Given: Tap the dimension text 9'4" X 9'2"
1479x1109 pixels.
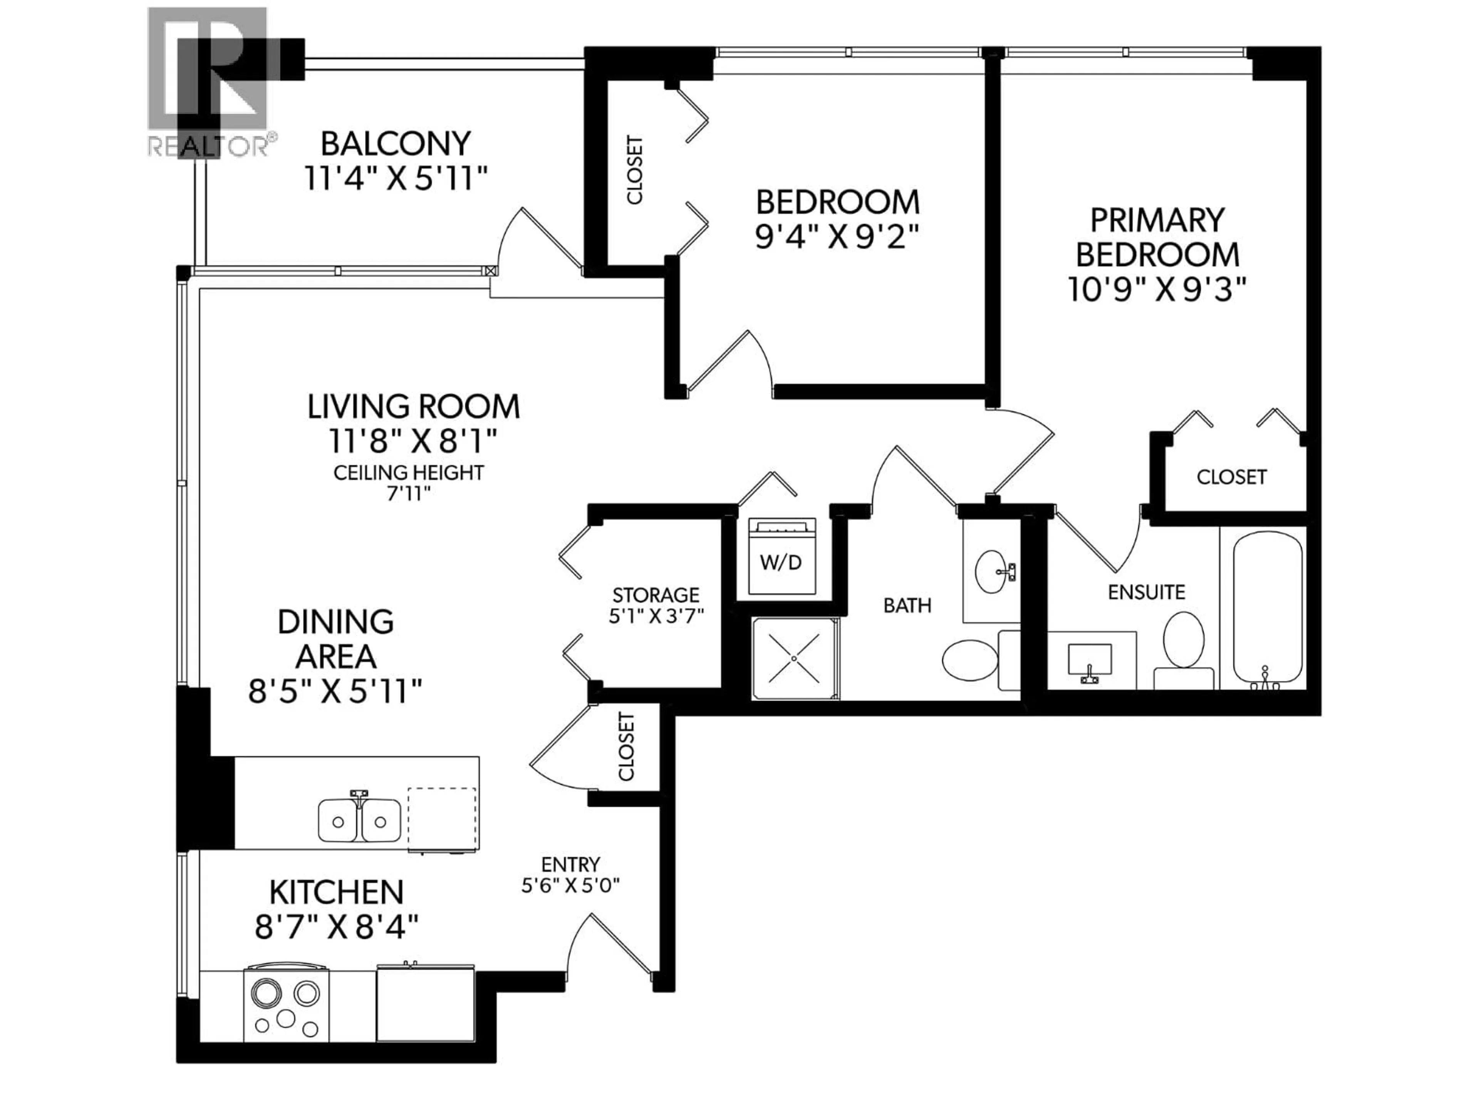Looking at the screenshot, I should coord(837,237).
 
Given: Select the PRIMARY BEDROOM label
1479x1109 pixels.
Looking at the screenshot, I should coord(1157,237).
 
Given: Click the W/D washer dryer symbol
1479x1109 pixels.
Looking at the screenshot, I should coord(781,556).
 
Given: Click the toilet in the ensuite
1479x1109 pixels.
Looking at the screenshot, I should coord(1184,648).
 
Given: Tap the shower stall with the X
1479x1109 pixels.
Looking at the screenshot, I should coord(794,658).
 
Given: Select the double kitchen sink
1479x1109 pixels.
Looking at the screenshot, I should coord(359,820).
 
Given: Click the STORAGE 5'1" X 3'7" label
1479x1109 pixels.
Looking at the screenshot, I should coord(656,605).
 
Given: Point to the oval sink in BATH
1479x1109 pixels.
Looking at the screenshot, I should coord(994,571).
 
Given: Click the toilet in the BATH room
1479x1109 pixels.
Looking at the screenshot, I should coord(969,659).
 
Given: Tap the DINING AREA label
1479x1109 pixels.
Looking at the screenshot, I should coord(335,639).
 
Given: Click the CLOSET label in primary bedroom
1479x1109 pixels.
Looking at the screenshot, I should coord(1231,477).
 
